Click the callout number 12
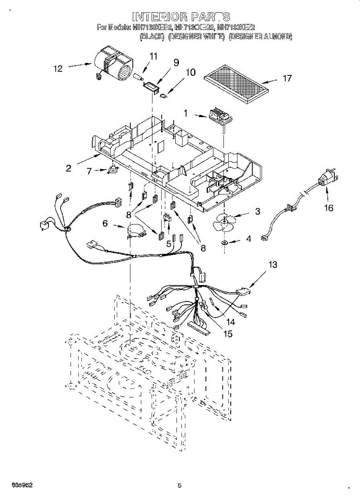click(58, 69)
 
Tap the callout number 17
click(287, 78)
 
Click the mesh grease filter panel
click(237, 83)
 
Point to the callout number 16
click(328, 207)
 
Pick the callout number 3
click(258, 212)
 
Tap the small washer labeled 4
click(224, 242)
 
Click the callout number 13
click(273, 264)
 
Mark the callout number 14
click(230, 321)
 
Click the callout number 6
click(105, 223)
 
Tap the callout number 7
click(89, 171)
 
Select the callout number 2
click(68, 168)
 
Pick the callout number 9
click(176, 63)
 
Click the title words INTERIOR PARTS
click(181, 17)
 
